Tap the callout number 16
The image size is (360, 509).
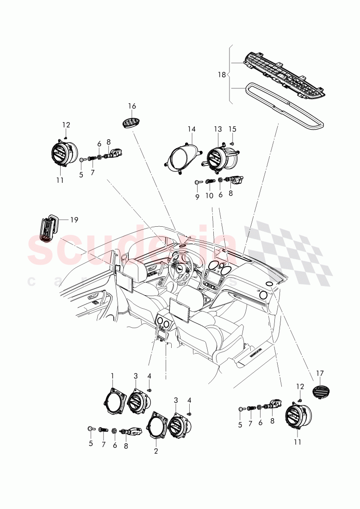(132, 106)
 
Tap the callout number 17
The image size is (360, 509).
(321, 372)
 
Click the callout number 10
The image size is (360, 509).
(209, 196)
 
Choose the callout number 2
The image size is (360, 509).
(156, 451)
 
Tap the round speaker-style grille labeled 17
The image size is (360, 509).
(319, 391)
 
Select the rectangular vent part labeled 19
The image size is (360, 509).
(47, 229)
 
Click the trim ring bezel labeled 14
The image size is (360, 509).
(184, 158)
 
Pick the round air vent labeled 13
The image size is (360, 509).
(217, 156)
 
